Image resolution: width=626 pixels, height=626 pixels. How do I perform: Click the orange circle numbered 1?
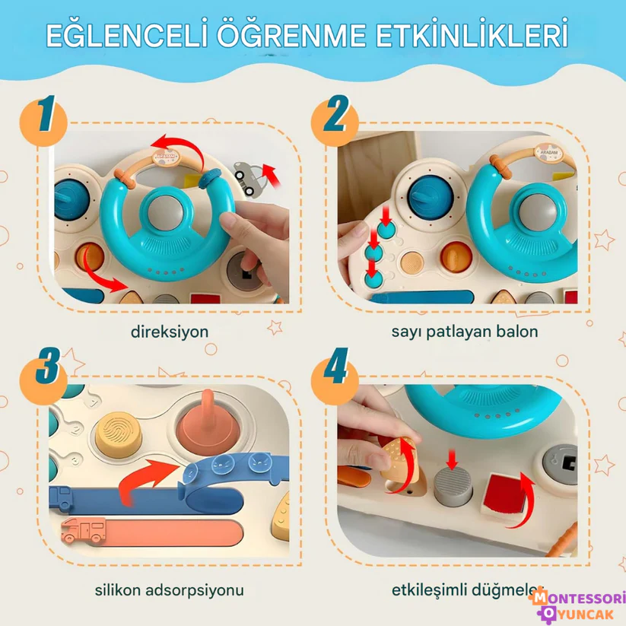pyautogui.click(x=43, y=122)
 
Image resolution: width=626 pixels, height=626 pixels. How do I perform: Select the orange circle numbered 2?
pyautogui.click(x=335, y=122)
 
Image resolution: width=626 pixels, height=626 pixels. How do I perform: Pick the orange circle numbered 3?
pyautogui.click(x=43, y=374)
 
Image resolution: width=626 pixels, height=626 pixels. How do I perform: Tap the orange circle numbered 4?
pyautogui.click(x=335, y=374)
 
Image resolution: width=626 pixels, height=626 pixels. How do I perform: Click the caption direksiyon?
pyautogui.click(x=170, y=332)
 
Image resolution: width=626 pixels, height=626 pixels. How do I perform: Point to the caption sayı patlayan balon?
pyautogui.click(x=465, y=332)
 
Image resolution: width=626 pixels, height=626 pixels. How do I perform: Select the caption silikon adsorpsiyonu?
pyautogui.click(x=170, y=590)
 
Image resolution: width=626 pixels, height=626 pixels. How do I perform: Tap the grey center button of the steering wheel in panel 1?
pyautogui.click(x=165, y=213)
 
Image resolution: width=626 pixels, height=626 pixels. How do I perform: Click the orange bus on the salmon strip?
pyautogui.click(x=84, y=530)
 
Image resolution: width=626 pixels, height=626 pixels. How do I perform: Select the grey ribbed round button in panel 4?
pyautogui.click(x=453, y=486)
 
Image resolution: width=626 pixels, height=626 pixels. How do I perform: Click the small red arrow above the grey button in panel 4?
pyautogui.click(x=452, y=459)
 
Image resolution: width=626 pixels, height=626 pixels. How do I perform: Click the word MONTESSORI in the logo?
pyautogui.click(x=579, y=599)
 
